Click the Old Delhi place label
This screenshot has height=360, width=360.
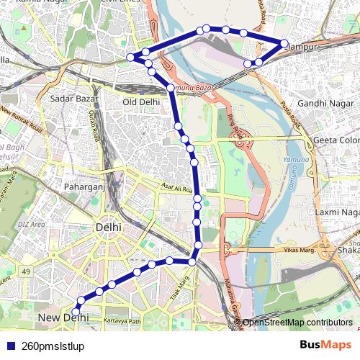click(x=140, y=102)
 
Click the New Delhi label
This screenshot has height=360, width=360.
click(x=58, y=318)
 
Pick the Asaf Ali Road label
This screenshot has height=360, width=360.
click(x=177, y=190)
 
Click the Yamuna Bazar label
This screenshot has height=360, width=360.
click(x=193, y=87)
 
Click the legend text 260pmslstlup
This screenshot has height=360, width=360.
click(x=53, y=346)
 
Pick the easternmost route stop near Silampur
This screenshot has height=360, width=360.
click(x=284, y=43)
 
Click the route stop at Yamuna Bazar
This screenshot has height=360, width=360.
click(x=171, y=88)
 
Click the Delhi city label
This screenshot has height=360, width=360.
click(x=108, y=228)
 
